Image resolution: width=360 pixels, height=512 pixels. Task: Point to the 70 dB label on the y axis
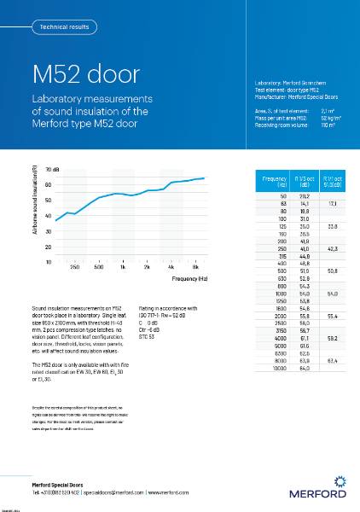[50, 171]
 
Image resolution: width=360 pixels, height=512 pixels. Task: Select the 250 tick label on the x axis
[75, 268]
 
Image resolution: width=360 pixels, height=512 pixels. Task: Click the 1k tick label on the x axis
[124, 268]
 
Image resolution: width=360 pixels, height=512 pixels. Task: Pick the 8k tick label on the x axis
[196, 268]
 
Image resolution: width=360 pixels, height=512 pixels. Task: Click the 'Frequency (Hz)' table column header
[276, 182]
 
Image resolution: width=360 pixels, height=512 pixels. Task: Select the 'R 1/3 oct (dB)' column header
[305, 182]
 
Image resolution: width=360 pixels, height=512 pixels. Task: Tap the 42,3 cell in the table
[333, 249]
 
